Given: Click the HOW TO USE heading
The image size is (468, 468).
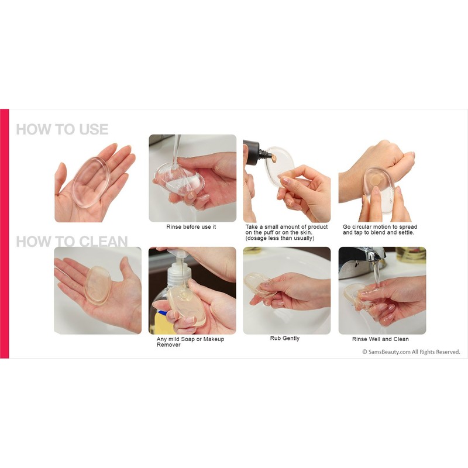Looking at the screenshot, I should (x=62, y=129).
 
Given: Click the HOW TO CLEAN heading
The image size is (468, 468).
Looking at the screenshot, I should (x=71, y=241).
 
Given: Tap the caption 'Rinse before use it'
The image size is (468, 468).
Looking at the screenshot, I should (x=191, y=227).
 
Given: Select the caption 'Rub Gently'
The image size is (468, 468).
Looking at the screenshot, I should (x=285, y=339).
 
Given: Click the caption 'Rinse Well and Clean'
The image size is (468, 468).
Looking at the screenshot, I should (x=380, y=339).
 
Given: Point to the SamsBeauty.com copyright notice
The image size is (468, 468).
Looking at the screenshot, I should (x=411, y=352).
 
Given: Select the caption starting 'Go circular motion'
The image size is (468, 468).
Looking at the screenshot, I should (x=380, y=230).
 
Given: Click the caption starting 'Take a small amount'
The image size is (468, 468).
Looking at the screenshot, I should (x=286, y=232).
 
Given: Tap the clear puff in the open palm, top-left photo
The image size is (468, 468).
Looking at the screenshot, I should (x=91, y=182).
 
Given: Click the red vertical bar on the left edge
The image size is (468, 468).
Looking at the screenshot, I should (x=5, y=233).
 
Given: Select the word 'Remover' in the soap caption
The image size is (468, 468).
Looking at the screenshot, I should (x=168, y=345).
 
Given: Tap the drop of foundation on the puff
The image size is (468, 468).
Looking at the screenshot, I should (x=272, y=157).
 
